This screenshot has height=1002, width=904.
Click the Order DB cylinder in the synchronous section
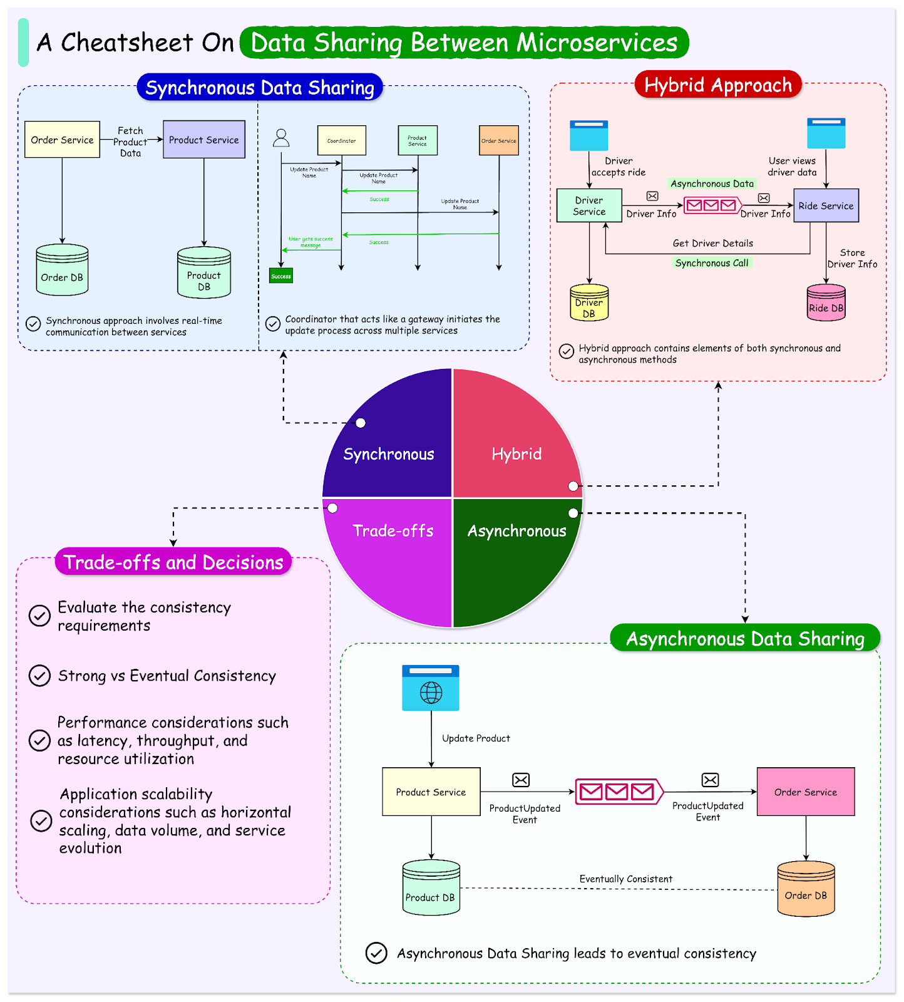tap(62, 271)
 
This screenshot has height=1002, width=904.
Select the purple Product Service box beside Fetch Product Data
tap(203, 140)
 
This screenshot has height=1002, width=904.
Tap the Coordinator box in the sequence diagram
tap(341, 140)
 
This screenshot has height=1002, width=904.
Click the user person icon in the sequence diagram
tap(281, 138)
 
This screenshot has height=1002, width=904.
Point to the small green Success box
tap(281, 276)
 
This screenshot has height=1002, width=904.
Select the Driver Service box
tap(589, 205)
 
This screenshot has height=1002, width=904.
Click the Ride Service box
tap(826, 205)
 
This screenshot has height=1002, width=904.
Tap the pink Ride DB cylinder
tap(826, 303)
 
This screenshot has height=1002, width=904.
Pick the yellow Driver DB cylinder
tap(589, 303)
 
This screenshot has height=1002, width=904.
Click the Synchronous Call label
tap(712, 263)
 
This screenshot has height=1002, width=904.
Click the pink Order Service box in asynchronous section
tap(806, 792)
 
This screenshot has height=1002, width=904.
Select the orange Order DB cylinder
tap(806, 890)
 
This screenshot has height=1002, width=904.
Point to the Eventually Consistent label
tap(625, 879)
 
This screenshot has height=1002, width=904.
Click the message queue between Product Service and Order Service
tap(619, 792)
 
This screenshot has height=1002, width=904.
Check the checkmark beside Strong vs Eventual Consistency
tap(40, 676)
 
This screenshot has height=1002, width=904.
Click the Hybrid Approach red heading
tap(718, 85)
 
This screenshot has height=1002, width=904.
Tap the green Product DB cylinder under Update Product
tap(431, 889)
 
